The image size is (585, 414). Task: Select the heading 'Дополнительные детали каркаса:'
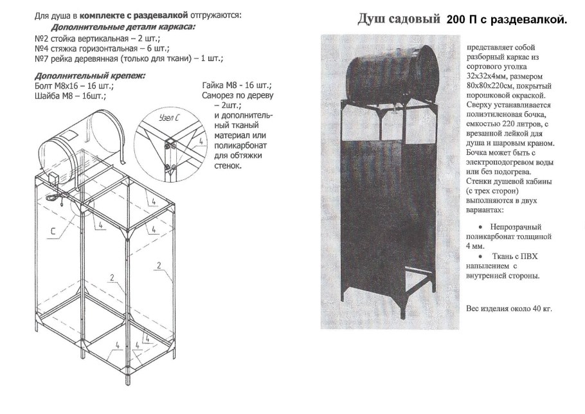(123, 28)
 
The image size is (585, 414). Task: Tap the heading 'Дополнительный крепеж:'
(89, 75)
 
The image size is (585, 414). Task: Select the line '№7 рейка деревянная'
(129, 59)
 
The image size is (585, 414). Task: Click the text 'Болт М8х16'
(73, 85)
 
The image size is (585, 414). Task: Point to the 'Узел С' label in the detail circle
(169, 118)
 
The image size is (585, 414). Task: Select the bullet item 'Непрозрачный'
(515, 227)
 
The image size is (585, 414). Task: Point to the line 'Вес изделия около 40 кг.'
(509, 309)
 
